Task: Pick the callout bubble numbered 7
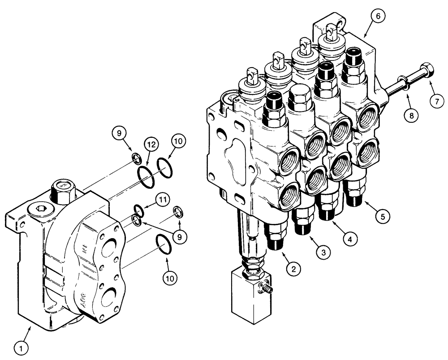(437, 101)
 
